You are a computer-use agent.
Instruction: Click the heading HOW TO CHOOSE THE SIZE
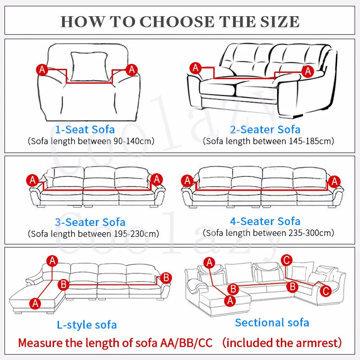(180, 22)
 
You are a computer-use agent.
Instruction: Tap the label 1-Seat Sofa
(85, 130)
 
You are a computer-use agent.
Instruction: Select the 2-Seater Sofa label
(265, 130)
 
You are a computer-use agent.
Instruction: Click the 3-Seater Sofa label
(90, 222)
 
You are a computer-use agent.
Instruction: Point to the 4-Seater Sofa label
(265, 221)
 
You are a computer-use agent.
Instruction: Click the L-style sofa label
(87, 324)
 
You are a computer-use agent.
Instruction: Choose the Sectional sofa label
(272, 322)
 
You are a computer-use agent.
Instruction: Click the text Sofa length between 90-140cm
(91, 141)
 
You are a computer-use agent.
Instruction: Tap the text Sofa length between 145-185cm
(268, 141)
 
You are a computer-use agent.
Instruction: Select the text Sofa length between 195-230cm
(93, 234)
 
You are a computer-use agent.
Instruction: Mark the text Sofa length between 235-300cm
(268, 233)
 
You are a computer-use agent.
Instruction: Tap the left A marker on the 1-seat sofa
(42, 69)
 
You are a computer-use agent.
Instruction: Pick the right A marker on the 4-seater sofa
(333, 181)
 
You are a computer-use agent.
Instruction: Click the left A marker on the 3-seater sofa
(32, 180)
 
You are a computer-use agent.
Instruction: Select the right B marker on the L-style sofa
(166, 278)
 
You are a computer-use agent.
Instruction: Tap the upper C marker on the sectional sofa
(287, 260)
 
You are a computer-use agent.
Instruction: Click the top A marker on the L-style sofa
(53, 260)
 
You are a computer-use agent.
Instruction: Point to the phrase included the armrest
(282, 343)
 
